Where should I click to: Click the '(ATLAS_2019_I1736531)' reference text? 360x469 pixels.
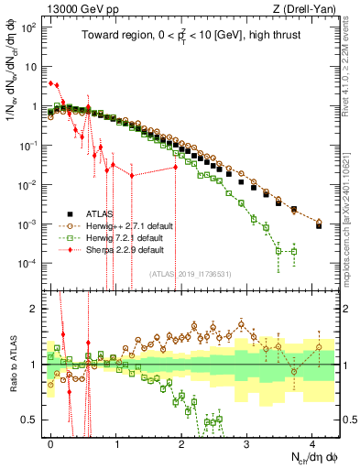(x=189, y=274)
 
